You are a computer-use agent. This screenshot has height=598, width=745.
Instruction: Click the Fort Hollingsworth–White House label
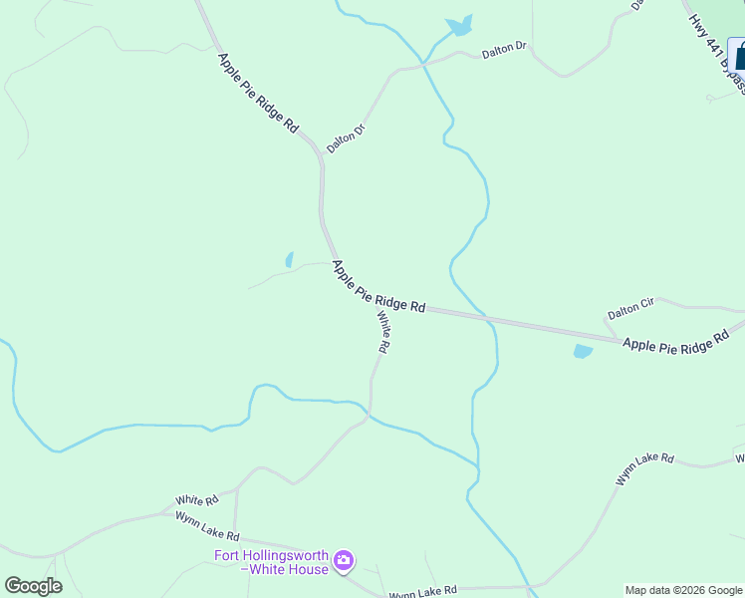[x=271, y=562]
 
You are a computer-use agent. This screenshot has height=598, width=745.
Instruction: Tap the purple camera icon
[x=344, y=562]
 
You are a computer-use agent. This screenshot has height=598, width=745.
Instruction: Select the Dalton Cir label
[x=630, y=309]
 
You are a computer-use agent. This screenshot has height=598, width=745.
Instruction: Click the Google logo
[x=33, y=586]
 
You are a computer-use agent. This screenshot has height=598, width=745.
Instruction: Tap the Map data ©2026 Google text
[x=683, y=590]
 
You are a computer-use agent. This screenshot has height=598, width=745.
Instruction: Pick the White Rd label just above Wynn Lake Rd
[x=196, y=499]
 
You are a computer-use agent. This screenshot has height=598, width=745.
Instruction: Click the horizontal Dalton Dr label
[x=504, y=49]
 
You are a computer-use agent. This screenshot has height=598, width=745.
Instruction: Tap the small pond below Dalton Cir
[x=583, y=351]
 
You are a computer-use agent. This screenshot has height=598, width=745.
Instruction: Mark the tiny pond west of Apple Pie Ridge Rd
[x=289, y=260]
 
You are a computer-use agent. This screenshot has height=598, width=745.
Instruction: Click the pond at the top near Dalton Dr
[x=459, y=26]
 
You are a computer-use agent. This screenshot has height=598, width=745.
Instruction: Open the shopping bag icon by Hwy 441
[x=738, y=55]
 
